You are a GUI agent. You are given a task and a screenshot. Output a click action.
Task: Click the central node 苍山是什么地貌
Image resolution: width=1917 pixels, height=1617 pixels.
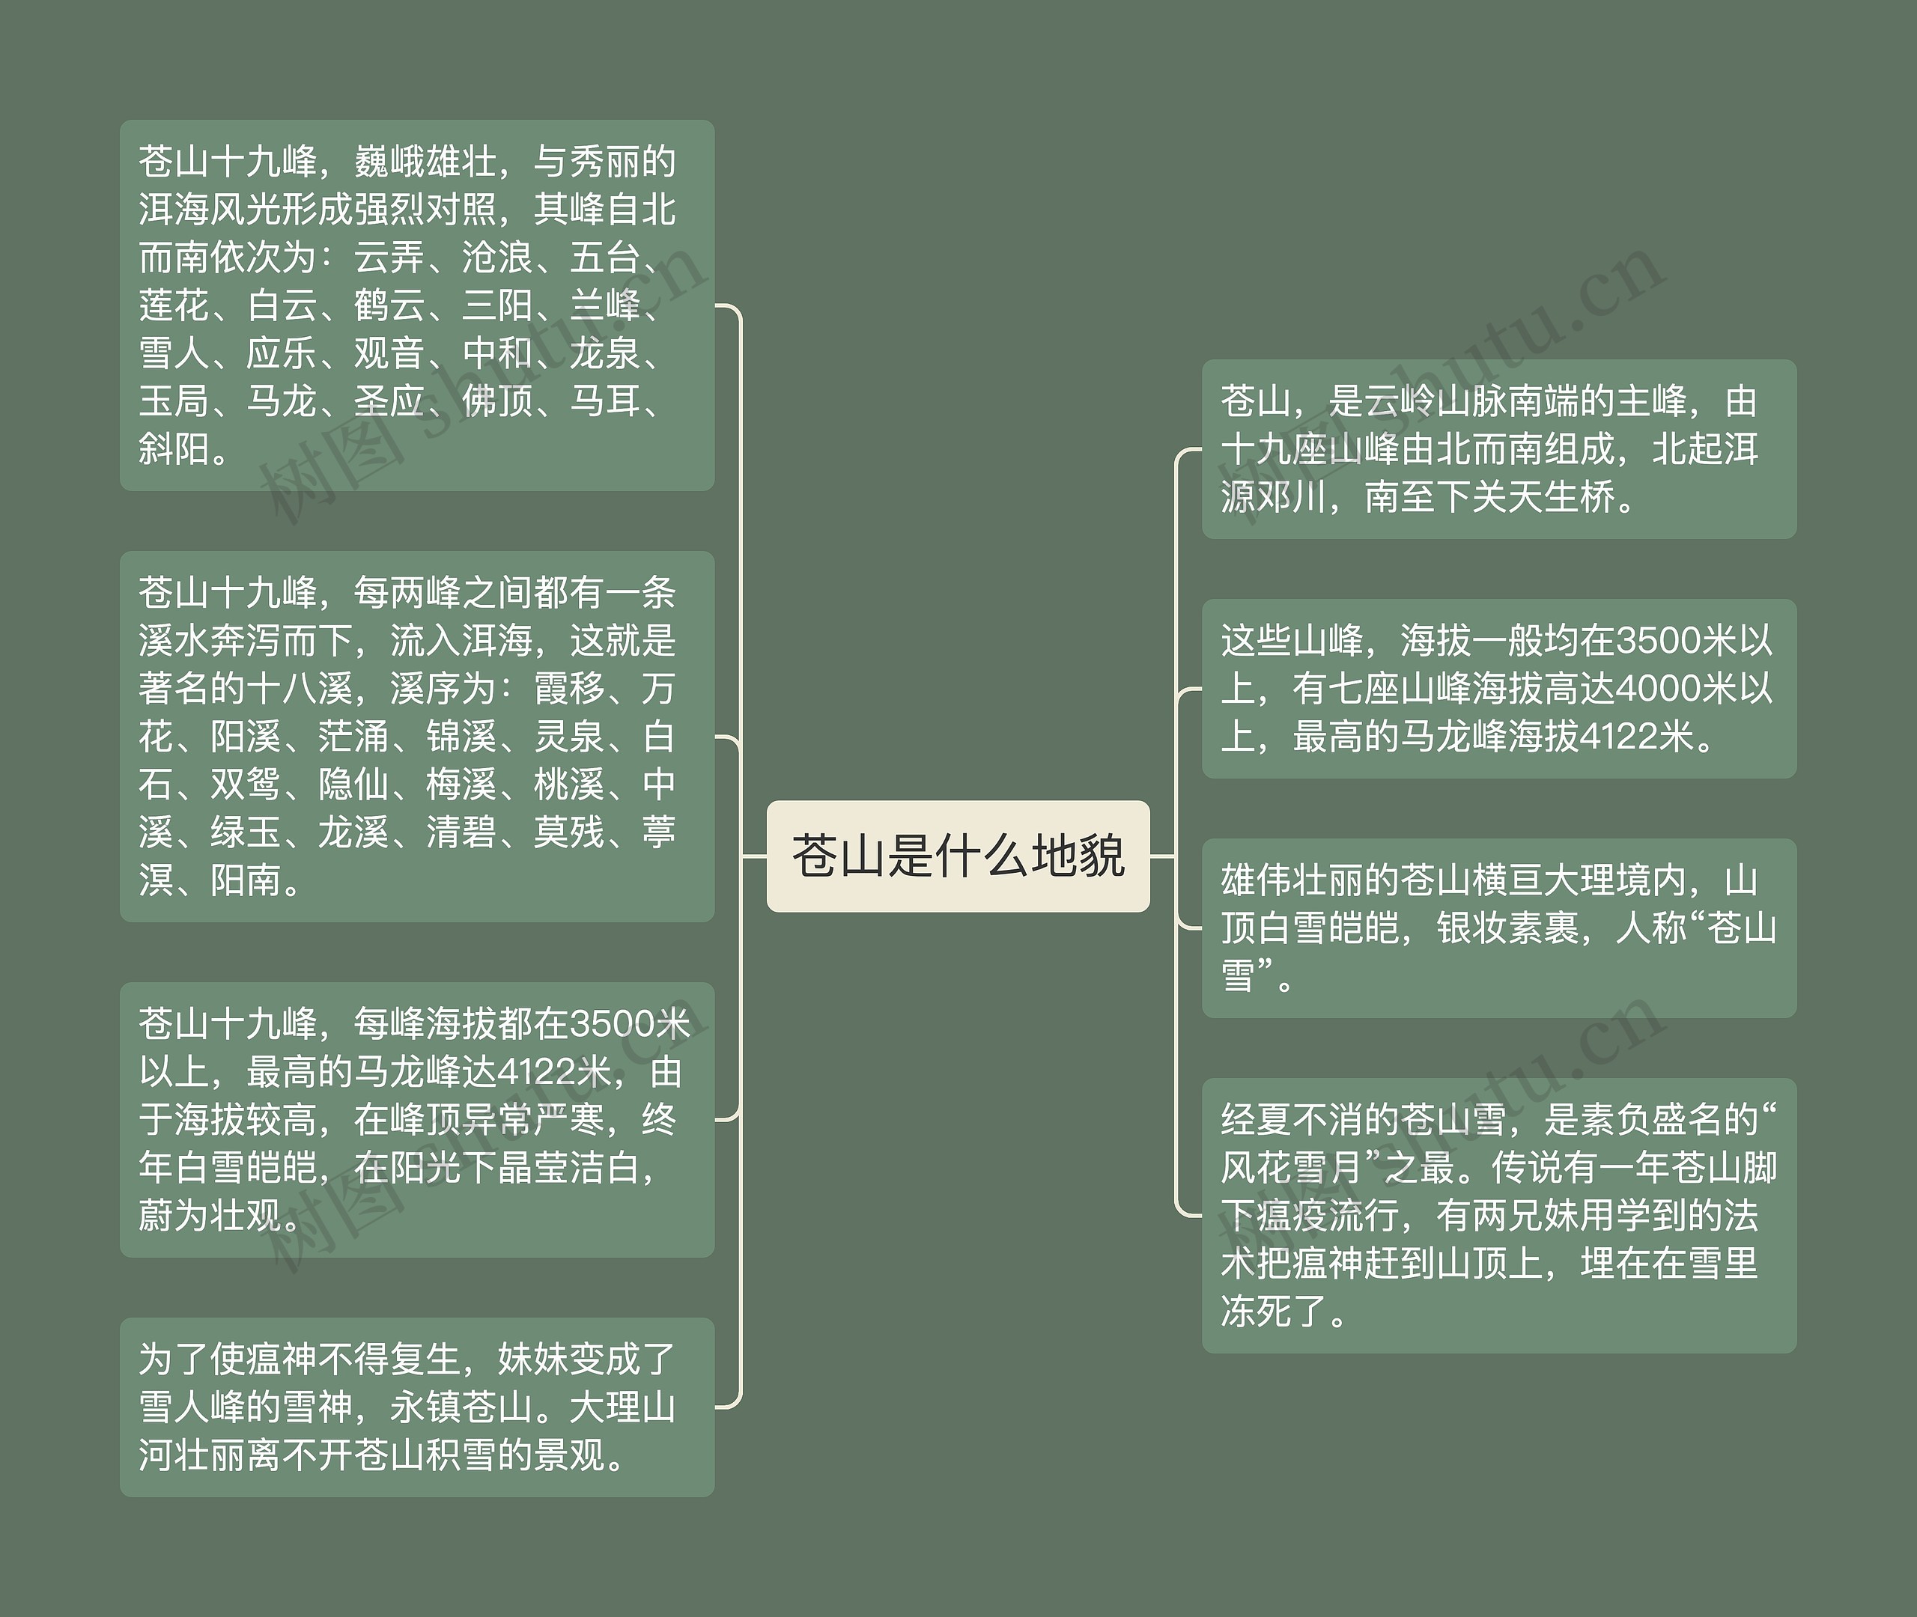tap(958, 856)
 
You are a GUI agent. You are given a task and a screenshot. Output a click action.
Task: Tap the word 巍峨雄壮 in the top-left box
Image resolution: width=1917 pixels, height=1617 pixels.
tap(425, 162)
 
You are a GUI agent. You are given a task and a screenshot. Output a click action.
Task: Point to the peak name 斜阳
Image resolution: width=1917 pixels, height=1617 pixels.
tap(174, 449)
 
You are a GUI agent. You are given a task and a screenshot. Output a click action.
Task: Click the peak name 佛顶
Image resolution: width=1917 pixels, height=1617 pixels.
tap(498, 401)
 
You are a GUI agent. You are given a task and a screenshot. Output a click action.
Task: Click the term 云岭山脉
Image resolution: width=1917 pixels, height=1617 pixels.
tap(1435, 401)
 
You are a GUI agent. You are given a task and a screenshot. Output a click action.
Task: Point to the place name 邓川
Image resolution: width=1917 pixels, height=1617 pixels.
tap(1291, 498)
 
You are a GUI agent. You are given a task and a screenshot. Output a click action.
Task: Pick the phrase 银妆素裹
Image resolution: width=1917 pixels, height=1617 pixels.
tap(1507, 928)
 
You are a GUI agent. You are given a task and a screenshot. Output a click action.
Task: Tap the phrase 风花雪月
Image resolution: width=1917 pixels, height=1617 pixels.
tap(1292, 1168)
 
